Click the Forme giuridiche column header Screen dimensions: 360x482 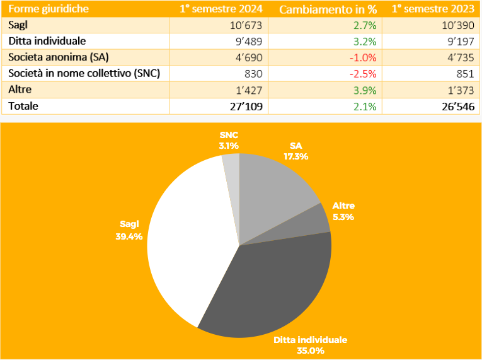pos(49,9)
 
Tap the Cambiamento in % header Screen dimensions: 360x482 pos(328,9)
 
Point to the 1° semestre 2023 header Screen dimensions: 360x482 pos(433,9)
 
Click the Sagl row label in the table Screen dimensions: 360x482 pos(20,25)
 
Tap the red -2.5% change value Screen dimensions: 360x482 pos(364,73)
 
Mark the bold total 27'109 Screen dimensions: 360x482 pos(246,106)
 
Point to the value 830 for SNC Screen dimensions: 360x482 pos(258,73)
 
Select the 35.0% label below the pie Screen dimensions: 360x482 pos(310,351)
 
